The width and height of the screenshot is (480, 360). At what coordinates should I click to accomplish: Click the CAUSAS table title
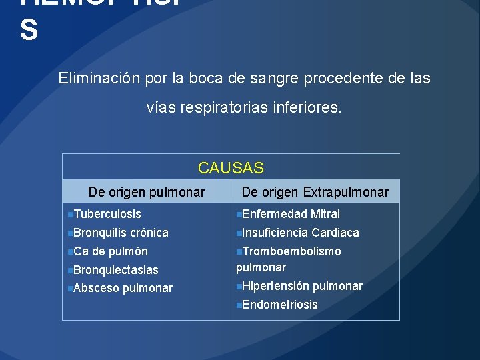231,168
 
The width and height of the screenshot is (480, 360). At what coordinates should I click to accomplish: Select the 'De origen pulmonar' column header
147,192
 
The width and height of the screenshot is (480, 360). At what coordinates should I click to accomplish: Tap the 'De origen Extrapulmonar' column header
315,192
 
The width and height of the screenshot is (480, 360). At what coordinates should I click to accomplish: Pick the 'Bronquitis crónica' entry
121,233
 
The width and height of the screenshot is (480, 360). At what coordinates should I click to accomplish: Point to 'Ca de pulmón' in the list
110,251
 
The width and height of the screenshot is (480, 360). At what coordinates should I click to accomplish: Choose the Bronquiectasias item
115,270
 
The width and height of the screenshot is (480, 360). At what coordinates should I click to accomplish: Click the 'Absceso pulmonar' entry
123,288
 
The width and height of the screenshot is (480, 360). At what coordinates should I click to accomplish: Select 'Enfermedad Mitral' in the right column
291,214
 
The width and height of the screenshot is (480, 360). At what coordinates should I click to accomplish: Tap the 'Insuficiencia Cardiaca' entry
300,233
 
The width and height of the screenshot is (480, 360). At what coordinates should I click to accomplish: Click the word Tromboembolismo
292,251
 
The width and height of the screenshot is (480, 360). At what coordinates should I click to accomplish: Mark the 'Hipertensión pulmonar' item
302,286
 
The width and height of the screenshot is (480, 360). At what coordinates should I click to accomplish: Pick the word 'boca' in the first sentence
205,78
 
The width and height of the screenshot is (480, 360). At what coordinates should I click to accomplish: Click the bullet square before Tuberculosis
70,215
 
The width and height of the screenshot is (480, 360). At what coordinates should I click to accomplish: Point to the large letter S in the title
29,31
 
